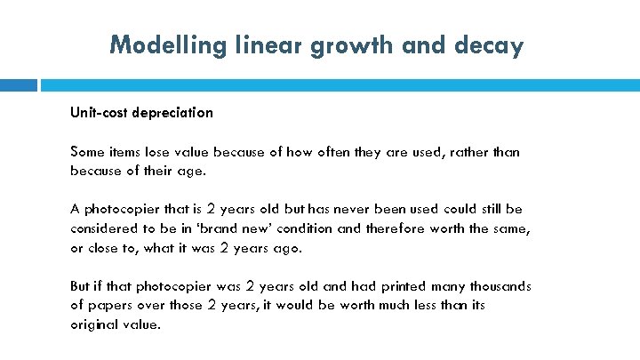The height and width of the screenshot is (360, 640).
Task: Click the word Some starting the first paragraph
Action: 87,152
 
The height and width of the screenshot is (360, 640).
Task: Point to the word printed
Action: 384,286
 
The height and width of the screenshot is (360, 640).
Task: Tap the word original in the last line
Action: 93,324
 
